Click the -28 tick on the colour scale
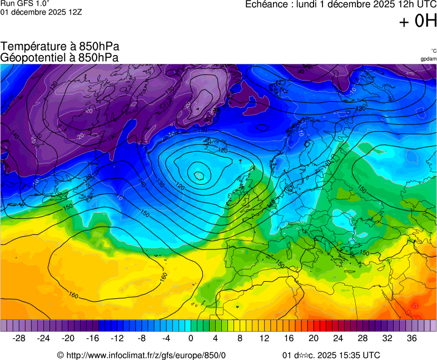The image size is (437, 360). click(19, 338)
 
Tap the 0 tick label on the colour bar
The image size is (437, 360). click(191, 338)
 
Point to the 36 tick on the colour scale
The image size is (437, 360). click(411, 338)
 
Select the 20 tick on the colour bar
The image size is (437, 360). click(313, 338)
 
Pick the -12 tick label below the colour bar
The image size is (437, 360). click(117, 338)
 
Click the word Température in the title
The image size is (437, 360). click(34, 47)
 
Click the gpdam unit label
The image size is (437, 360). click(428, 58)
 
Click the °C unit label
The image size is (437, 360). click(433, 51)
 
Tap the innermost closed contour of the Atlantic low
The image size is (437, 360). click(199, 176)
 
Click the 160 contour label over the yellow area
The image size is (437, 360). click(73, 295)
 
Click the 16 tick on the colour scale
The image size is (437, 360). click(289, 338)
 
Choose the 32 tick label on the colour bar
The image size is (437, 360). click(387, 338)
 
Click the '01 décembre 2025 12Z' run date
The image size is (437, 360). click(41, 12)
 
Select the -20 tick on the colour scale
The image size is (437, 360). click(68, 338)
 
